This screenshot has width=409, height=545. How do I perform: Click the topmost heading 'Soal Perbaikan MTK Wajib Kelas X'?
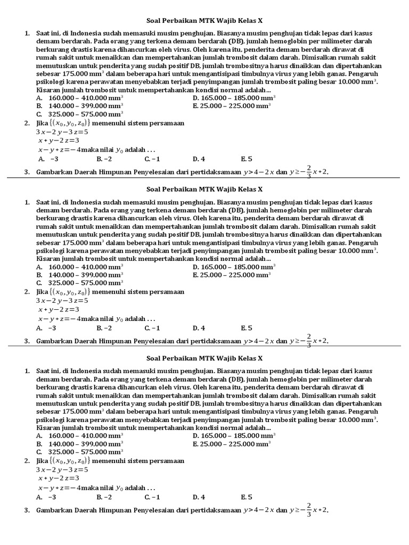204,21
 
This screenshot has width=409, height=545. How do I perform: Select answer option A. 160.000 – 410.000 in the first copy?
79,98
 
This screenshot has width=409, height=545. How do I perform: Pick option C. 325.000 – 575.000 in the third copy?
79,451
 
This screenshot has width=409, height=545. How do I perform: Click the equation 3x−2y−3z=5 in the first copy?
62,131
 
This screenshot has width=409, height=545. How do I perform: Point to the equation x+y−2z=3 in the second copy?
59,309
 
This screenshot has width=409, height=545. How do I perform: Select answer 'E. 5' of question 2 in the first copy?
246,159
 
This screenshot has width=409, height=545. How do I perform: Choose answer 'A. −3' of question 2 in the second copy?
47,328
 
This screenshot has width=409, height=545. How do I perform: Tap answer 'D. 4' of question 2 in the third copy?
199,497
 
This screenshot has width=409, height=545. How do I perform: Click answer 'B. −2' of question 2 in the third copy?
104,497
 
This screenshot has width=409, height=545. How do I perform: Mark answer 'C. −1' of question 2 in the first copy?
152,159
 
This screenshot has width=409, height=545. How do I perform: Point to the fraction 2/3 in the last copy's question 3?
309,510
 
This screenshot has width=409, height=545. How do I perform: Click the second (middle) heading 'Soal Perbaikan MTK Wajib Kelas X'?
204,189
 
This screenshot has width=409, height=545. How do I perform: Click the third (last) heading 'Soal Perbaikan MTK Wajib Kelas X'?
204,358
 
